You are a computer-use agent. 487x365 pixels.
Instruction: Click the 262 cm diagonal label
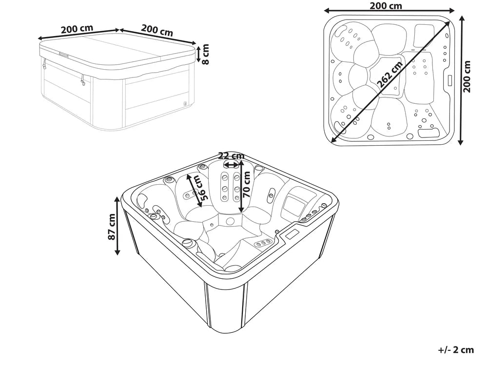pyautogui.click(x=390, y=74)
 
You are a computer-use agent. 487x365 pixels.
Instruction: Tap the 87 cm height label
pyautogui.click(x=112, y=227)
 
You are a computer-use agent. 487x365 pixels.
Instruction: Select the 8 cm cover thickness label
pyautogui.click(x=205, y=54)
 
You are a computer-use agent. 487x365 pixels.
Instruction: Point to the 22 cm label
pyautogui.click(x=231, y=155)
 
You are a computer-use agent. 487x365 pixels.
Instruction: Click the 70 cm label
pyautogui.click(x=247, y=185)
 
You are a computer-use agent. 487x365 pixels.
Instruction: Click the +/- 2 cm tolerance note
pyautogui.click(x=456, y=350)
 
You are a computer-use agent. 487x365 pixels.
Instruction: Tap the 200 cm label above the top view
pyautogui.click(x=386, y=5)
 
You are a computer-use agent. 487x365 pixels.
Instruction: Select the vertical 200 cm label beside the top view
pyautogui.click(x=467, y=77)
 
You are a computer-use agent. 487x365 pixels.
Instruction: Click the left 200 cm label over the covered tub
pyautogui.click(x=77, y=29)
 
